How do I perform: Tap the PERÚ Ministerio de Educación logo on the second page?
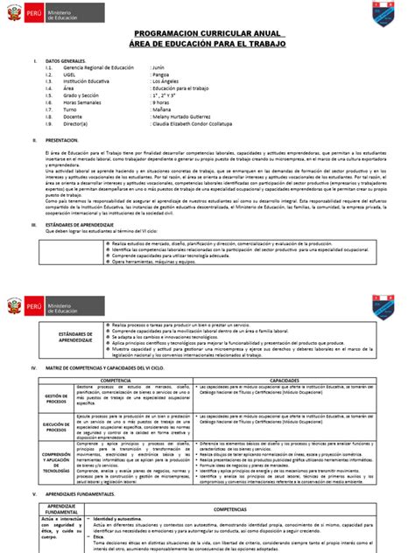45,308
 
